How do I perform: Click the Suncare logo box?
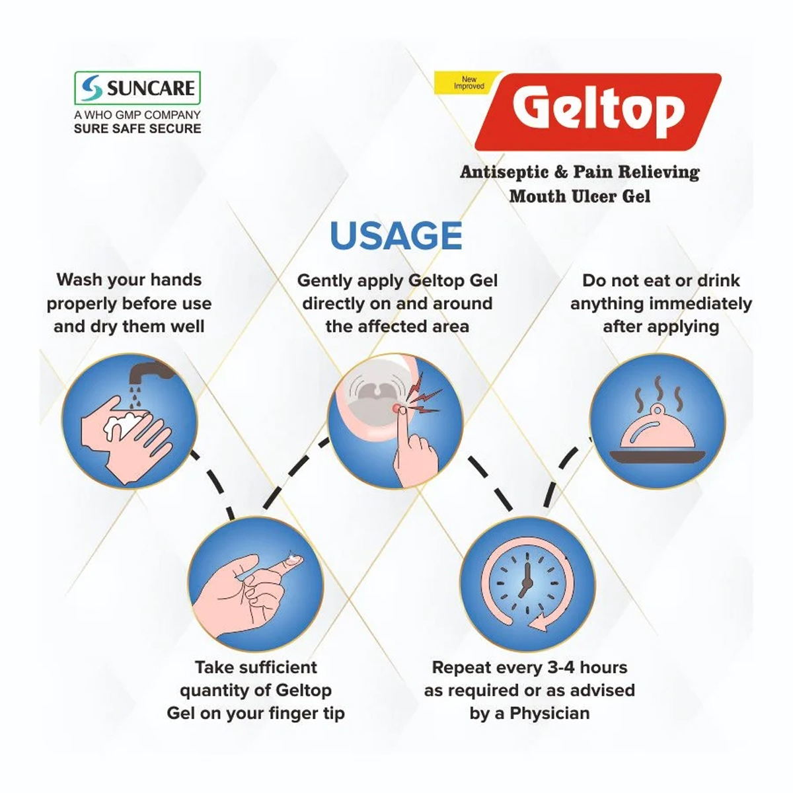(137, 88)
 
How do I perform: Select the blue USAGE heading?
(396, 236)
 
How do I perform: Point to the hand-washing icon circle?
(130, 420)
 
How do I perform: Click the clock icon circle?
(527, 582)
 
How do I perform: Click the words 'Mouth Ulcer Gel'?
(580, 196)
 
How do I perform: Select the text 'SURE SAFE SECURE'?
(137, 129)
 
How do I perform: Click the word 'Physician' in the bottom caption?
(550, 713)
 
